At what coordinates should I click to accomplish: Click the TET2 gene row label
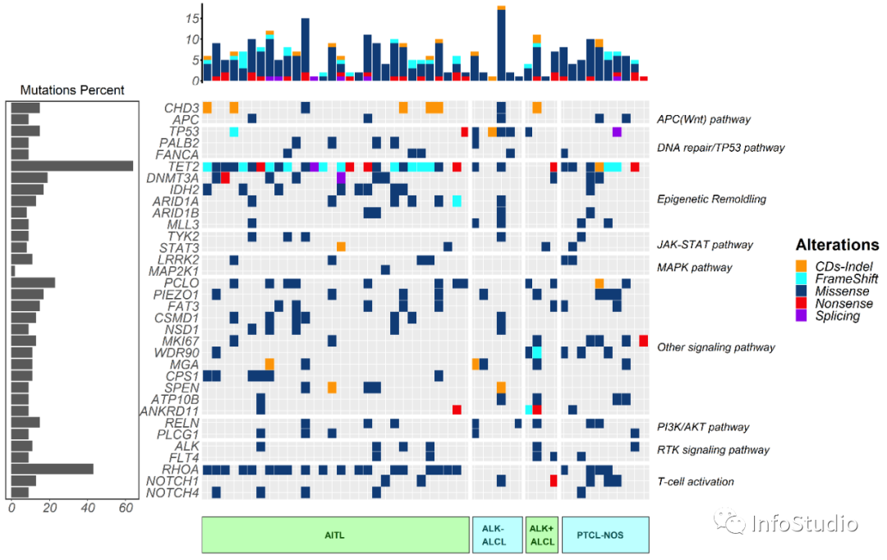[183, 166]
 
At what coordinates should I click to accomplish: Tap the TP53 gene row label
[183, 131]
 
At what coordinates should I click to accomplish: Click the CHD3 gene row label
[182, 108]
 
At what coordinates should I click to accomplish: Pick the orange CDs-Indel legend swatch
[801, 265]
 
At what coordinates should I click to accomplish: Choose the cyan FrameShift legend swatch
[801, 278]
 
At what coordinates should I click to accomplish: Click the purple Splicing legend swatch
[801, 316]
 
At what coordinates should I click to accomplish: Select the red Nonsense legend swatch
[801, 304]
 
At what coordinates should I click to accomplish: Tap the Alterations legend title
[837, 245]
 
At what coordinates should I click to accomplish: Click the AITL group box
[334, 535]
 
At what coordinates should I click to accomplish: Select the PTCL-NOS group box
[605, 535]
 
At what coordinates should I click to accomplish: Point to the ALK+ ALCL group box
[542, 535]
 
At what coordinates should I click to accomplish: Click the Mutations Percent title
[72, 90]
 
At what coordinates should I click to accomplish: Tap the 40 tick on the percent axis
[88, 509]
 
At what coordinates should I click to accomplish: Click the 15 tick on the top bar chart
[191, 17]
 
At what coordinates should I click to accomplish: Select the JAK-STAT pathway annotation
[705, 245]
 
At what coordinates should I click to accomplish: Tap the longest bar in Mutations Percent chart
[72, 166]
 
